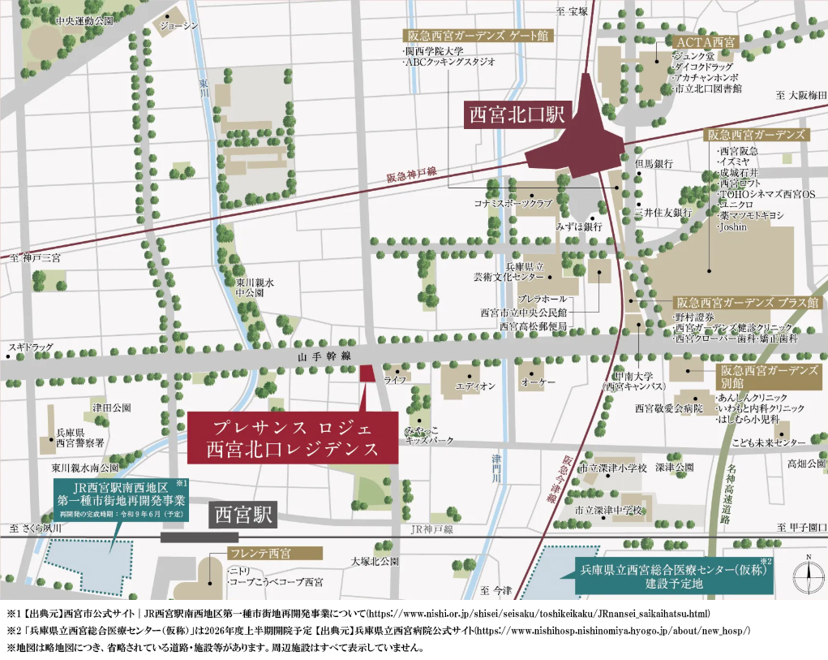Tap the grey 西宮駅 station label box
click(x=244, y=515)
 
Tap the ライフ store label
click(x=395, y=379)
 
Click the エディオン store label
click(x=476, y=386)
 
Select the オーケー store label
click(x=538, y=382)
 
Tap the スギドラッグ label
click(x=31, y=347)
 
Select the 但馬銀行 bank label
click(x=654, y=164)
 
